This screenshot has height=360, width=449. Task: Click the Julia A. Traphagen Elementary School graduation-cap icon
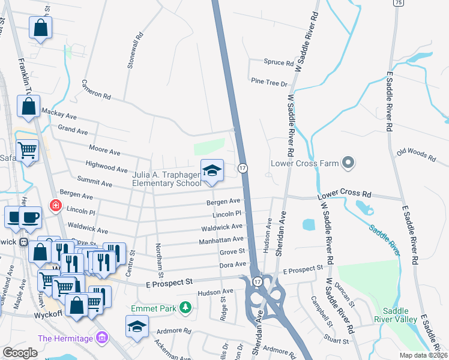[x=212, y=170]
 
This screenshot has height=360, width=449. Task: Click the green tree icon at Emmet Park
[x=186, y=308]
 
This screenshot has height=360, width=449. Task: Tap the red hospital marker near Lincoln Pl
[x=56, y=205]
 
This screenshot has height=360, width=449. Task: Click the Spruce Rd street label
[x=279, y=62]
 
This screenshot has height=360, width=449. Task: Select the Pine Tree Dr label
[x=270, y=83]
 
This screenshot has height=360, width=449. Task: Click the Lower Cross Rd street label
[x=344, y=195]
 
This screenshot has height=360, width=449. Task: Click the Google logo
[x=20, y=353]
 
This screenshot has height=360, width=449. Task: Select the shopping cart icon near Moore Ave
[x=27, y=150]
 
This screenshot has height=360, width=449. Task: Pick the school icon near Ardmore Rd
[x=137, y=327]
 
